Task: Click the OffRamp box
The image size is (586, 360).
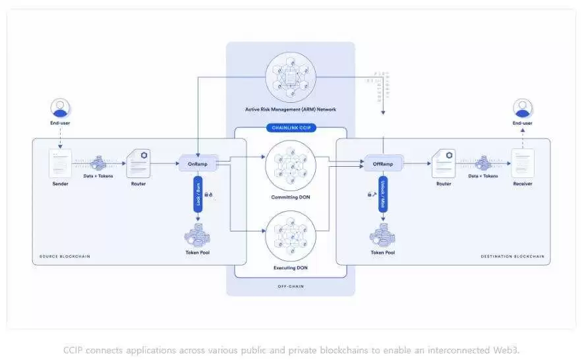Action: pos(383,164)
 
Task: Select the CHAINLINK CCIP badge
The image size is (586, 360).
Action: pos(291,127)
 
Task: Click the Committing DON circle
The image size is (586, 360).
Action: pos(290,165)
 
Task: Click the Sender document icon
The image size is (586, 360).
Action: pos(61,163)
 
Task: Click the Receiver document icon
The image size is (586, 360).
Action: pos(522,163)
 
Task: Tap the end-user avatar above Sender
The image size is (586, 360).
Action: pos(61,108)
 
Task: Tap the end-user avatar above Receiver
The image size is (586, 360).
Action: pos(523,108)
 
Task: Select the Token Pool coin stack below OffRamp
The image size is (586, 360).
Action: pos(382,235)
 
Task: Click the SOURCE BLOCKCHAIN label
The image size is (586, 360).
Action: pos(65,256)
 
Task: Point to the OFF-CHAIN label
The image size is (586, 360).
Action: pos(290,287)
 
